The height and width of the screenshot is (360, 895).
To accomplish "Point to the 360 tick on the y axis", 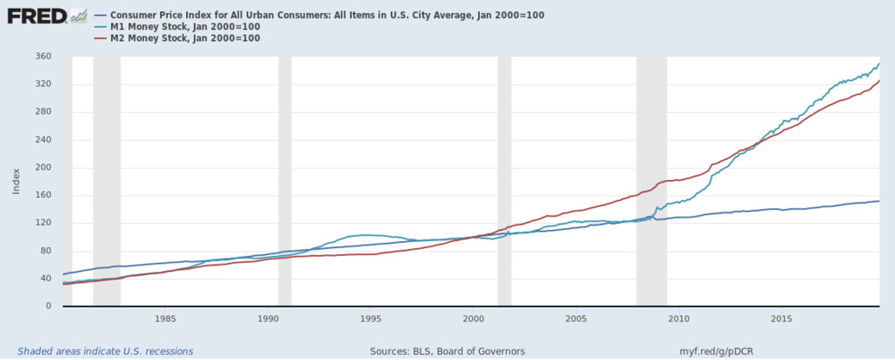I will click(x=44, y=57).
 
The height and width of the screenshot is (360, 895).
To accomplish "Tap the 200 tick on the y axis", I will click(x=44, y=168).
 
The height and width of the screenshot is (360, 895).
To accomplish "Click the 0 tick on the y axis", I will click(x=49, y=307).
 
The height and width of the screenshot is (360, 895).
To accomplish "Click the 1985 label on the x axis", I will click(x=165, y=319).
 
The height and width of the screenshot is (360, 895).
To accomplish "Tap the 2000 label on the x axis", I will click(x=474, y=319).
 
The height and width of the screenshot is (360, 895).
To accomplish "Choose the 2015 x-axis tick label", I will click(x=781, y=319).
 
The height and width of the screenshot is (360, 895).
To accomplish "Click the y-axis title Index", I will click(x=15, y=181).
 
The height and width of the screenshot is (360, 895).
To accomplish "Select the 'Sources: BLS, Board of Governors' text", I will click(x=447, y=351).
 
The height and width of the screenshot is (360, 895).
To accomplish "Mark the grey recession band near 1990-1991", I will click(x=285, y=175).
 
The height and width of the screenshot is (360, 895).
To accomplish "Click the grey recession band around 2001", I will click(x=504, y=175).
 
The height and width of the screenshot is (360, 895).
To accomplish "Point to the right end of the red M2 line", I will click(x=878, y=81).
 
